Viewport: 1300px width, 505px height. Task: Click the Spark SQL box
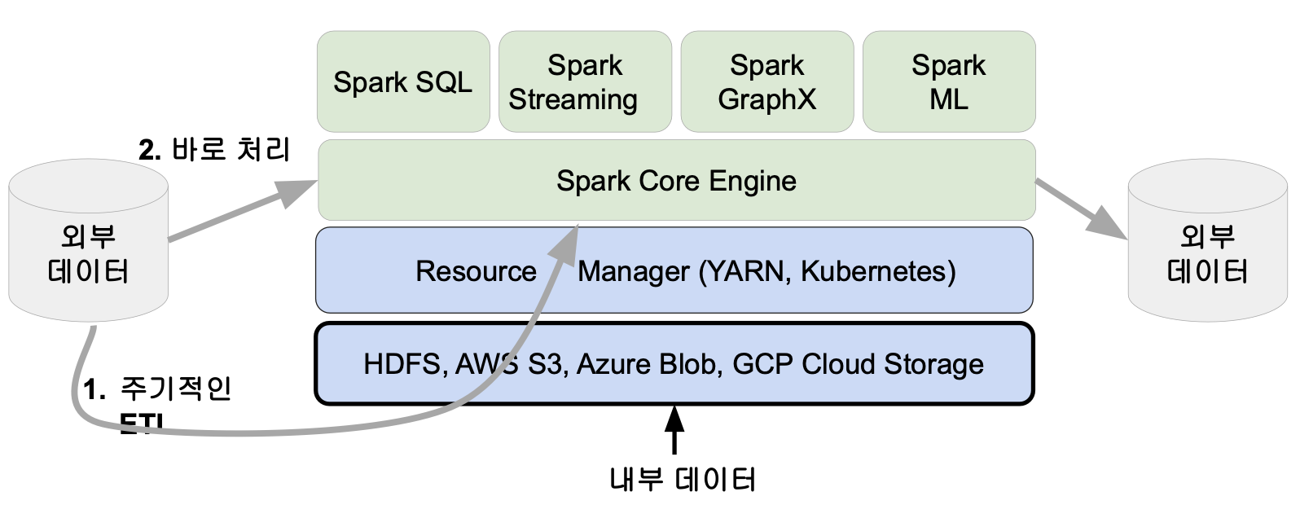tap(403, 81)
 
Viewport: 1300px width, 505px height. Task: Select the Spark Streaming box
tap(585, 81)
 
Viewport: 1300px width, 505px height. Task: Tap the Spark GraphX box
tap(766, 81)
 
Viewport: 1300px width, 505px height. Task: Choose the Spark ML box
tap(949, 81)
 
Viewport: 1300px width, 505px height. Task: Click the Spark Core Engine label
tap(676, 181)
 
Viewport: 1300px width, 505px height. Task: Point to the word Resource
tap(476, 271)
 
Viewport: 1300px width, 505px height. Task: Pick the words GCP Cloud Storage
tap(858, 364)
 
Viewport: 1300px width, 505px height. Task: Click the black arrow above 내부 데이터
tap(674, 429)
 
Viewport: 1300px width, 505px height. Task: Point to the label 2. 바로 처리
tap(214, 150)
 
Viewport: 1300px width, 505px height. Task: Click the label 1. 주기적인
tap(158, 389)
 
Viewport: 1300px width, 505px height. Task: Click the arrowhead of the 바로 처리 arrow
tap(298, 193)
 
